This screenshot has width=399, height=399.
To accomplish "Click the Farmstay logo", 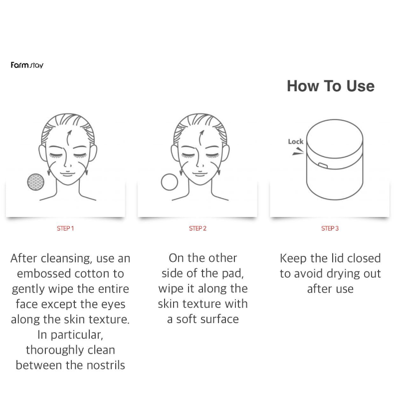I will pos(27,65).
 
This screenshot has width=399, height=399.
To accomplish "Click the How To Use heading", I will pos(330,86).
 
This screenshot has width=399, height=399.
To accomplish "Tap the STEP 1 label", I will pos(65,228).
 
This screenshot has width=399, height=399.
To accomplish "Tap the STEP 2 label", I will pos(198,228).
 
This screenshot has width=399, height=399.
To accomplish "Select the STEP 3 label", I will pos(330,228).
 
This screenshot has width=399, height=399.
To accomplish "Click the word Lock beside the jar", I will pos(295,142).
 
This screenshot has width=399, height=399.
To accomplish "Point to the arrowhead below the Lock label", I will pos(298,153).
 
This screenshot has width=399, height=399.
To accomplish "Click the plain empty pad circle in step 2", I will pos(170,182).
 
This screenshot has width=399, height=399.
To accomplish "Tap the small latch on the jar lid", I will pos(323,164).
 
